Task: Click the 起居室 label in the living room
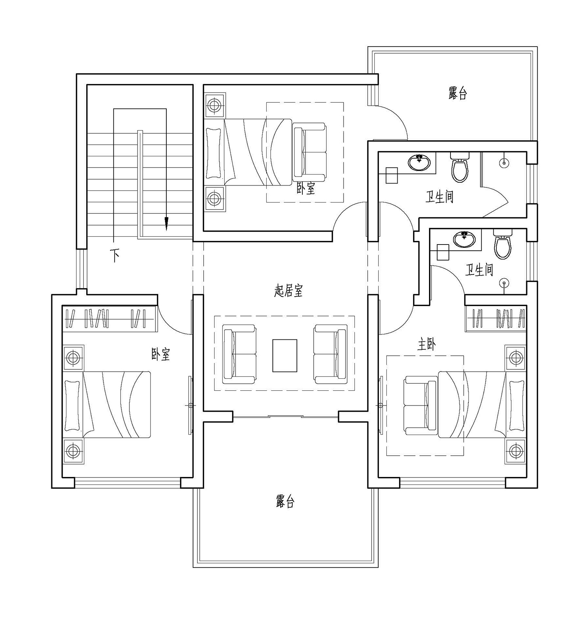(288, 290)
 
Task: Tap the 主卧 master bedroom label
(426, 344)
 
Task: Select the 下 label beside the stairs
(115, 255)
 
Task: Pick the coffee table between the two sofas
(285, 356)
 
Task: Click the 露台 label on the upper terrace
(457, 94)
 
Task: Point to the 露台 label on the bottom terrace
(285, 502)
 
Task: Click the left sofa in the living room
(239, 354)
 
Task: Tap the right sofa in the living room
(330, 354)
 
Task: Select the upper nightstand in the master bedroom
(515, 357)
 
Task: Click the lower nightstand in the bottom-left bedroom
(73, 451)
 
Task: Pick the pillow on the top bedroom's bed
(213, 152)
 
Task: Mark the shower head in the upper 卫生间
(504, 162)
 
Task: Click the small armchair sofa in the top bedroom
(309, 152)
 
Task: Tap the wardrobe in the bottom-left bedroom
(110, 318)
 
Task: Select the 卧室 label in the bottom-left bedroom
(161, 354)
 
